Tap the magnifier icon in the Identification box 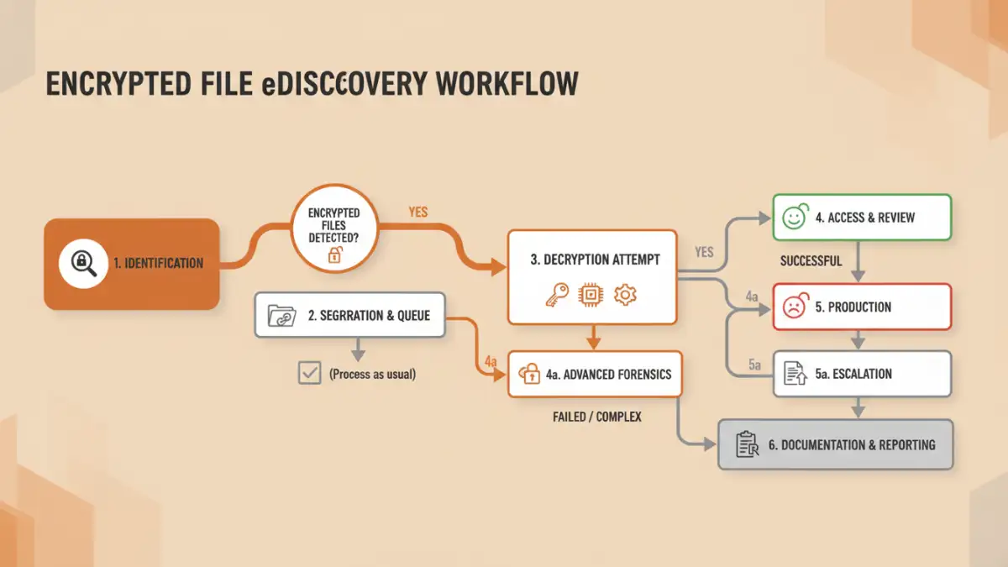tap(84, 262)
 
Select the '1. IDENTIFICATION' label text tap(158, 263)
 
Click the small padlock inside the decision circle tap(334, 255)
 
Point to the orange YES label tap(417, 212)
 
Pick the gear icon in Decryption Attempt tap(625, 295)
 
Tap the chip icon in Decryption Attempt tap(591, 295)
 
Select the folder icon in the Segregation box tap(281, 316)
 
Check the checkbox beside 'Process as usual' tap(310, 373)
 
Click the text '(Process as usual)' tap(372, 374)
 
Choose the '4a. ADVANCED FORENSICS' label tap(608, 373)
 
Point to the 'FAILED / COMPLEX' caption tap(597, 417)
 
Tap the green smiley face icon tap(794, 218)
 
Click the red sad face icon tap(794, 307)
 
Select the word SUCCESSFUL tap(811, 261)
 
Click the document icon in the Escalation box tap(795, 374)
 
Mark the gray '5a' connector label tap(754, 365)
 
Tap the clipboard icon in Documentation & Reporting tap(747, 444)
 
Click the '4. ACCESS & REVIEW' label tap(864, 218)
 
